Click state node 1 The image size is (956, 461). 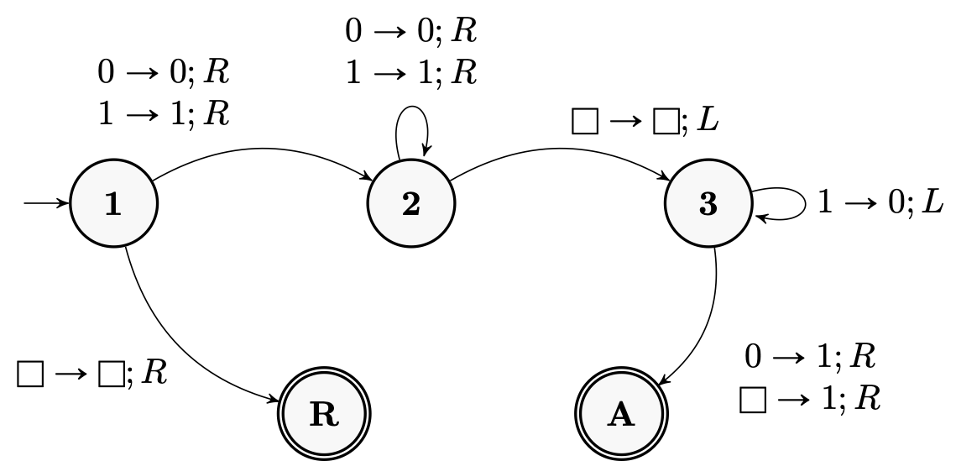coord(112,204)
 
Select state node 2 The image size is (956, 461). coord(410,204)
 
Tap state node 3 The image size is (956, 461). coord(708,204)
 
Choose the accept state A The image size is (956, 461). coord(622,416)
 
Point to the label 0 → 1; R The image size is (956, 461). coord(810,357)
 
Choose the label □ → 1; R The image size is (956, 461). coord(809,400)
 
